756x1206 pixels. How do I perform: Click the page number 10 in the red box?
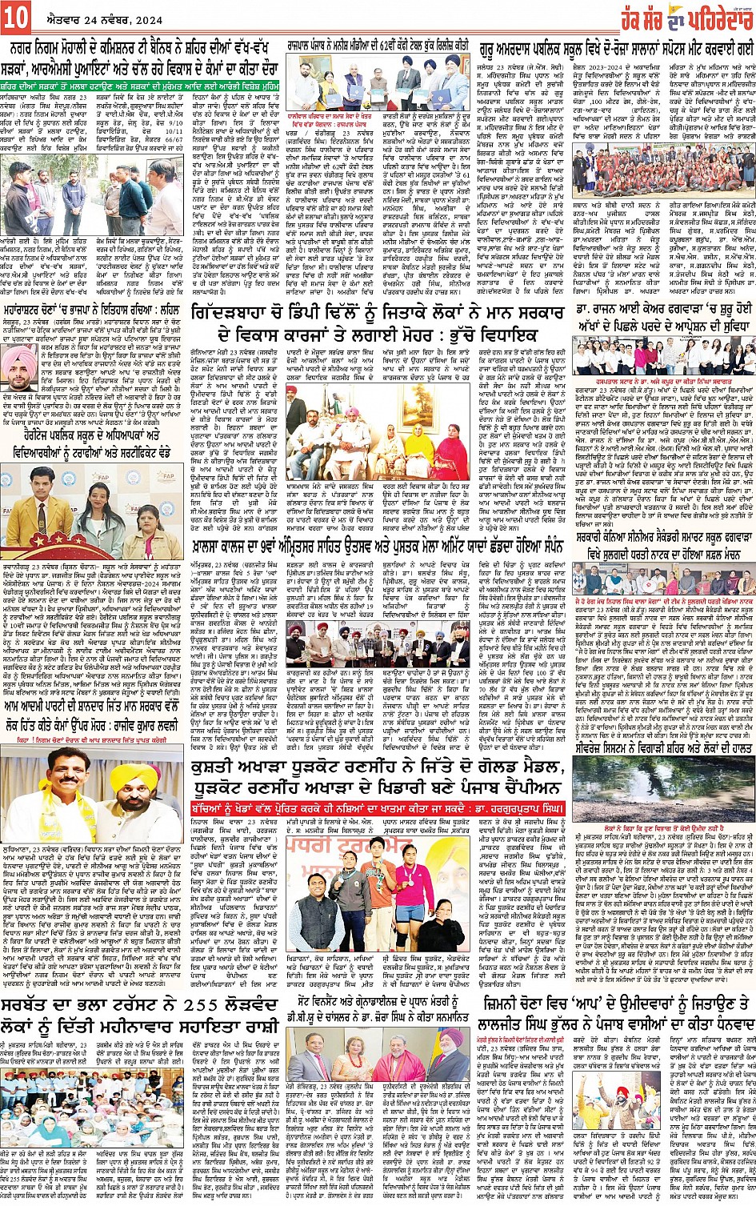16,17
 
